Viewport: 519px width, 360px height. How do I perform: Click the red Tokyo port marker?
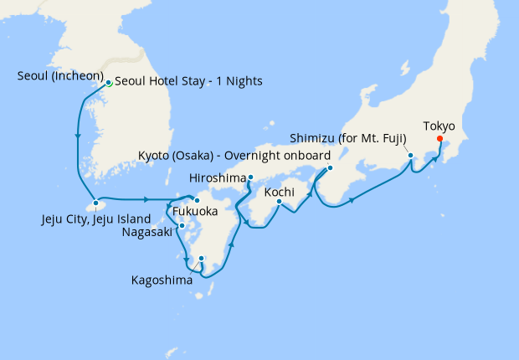coord(440,140)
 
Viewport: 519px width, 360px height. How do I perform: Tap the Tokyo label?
coord(439,126)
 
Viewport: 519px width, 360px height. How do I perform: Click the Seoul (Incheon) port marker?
coord(109,83)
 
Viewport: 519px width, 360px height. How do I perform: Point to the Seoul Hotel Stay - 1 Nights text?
coord(188,81)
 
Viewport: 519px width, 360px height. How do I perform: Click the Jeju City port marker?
coord(96,203)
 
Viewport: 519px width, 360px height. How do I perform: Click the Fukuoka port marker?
coord(197,200)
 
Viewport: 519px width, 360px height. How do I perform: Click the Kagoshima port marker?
coord(202,259)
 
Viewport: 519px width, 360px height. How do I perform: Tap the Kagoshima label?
coord(162,280)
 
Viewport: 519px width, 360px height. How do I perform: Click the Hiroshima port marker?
coord(250,177)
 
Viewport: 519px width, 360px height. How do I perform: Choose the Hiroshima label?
coord(218,177)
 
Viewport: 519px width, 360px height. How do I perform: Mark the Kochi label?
coord(278,192)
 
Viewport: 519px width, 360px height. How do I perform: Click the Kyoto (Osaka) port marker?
coord(330,167)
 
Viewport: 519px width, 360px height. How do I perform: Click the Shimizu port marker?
coord(410,155)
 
